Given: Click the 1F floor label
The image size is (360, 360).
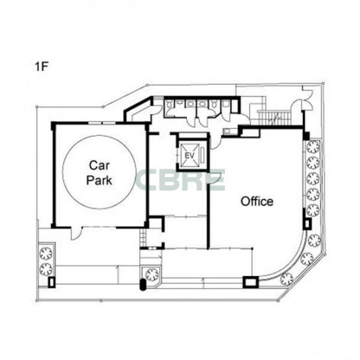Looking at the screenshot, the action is point(41,66).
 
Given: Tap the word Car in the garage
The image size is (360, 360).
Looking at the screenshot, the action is point(99,165).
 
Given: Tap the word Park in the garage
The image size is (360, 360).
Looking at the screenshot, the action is point(99,180).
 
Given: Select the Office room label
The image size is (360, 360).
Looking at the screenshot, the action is point(257,201).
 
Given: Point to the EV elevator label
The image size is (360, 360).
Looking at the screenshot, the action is point(190,156).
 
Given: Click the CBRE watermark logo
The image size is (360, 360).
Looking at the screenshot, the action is point(181,180).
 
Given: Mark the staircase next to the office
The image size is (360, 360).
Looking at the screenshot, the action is point(274,118).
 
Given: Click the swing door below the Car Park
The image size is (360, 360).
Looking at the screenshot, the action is point(77,233).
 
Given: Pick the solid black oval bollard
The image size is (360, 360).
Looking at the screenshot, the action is point(143,285).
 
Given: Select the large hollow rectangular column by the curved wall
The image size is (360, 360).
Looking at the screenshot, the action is point(251,282).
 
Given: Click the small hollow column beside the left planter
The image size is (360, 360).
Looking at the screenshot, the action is point(52,282).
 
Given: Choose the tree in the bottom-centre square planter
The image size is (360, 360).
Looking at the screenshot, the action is point(152,275).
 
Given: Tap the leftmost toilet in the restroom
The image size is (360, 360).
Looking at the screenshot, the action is point(169,104).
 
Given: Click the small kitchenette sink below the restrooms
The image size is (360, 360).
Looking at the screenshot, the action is point(227,131).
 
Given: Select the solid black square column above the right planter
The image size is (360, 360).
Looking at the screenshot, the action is point(306,136).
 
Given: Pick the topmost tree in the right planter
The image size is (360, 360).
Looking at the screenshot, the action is point(314,147).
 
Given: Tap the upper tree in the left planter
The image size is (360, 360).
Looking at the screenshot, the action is point(46,253).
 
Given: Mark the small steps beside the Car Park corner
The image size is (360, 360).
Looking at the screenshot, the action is point(143,237).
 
